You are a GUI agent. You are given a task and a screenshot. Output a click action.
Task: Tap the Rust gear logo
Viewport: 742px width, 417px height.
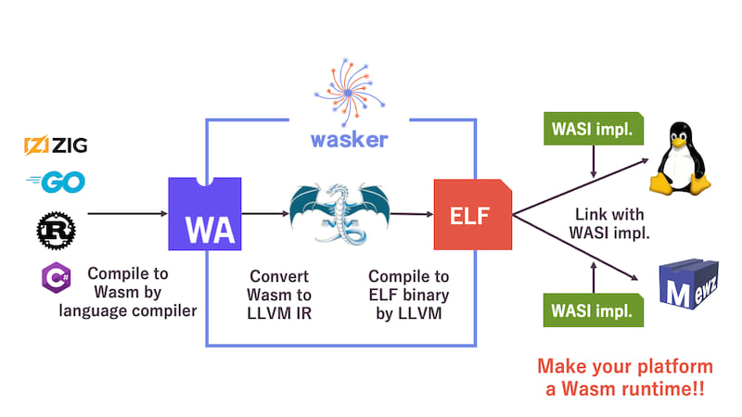pos(56,228)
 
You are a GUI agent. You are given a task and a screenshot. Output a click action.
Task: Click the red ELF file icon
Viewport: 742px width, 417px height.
pos(473,215)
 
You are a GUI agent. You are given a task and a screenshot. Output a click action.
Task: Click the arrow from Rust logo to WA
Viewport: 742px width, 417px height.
pos(121,214)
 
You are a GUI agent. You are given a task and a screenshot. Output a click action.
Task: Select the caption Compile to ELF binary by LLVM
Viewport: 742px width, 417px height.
pos(408,295)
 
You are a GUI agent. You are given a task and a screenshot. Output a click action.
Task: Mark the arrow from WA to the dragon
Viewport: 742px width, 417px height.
pos(270,214)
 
